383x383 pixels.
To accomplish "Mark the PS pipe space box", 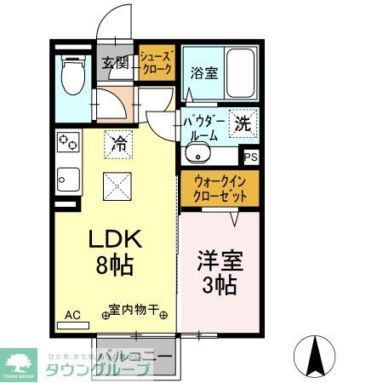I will [250, 157].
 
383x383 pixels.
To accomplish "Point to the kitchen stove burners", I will [67, 146].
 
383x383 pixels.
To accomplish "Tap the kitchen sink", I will [67, 180].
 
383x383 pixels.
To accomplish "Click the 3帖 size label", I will [220, 285].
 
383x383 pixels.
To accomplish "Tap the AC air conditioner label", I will [73, 316].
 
